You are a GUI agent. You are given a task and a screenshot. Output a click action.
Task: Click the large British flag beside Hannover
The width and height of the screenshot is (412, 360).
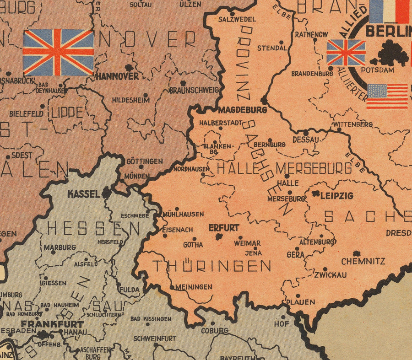[x=58, y=52]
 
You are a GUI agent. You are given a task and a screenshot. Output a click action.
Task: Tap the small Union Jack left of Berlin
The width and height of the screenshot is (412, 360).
[x=346, y=52]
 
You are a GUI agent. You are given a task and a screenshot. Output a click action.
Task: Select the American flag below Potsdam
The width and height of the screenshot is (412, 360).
[x=387, y=96]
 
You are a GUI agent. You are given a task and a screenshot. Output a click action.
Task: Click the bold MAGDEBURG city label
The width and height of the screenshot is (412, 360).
[x=243, y=110]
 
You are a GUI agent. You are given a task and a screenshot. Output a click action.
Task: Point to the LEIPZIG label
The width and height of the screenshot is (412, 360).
[x=336, y=196]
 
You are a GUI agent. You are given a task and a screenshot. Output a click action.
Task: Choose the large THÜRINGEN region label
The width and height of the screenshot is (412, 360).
[x=211, y=266]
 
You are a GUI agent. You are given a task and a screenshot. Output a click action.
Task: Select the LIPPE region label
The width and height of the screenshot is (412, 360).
[x=67, y=113]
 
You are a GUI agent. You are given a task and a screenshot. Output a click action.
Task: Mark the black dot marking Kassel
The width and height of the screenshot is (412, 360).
[x=106, y=193]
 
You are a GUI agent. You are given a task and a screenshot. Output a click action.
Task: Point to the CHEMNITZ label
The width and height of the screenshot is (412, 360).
[x=363, y=261]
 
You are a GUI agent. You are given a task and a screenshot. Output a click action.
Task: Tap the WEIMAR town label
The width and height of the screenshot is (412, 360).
[x=247, y=243]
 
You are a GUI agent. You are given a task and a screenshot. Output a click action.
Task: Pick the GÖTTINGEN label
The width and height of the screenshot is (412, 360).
[x=144, y=161]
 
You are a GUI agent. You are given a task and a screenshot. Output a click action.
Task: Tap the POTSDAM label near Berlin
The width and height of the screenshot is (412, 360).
[x=377, y=70]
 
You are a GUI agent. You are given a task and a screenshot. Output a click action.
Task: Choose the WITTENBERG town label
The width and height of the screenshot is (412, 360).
[x=352, y=124]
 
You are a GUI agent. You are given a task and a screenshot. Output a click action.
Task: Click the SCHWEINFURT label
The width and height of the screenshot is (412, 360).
[x=155, y=339]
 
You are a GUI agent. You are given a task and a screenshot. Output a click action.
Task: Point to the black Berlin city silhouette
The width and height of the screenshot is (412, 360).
[x=392, y=54]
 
